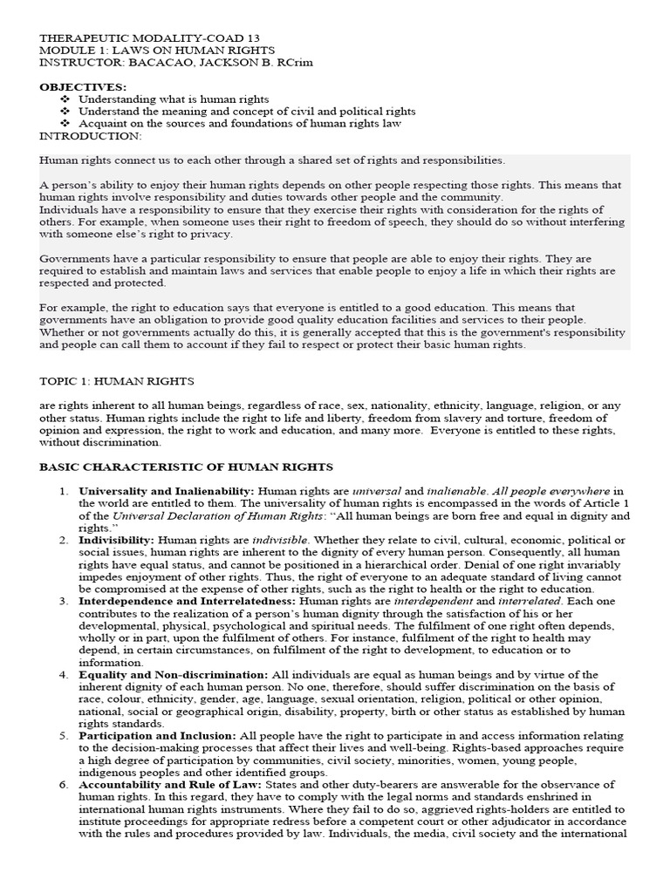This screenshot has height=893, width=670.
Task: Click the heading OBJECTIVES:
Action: pos(83,87)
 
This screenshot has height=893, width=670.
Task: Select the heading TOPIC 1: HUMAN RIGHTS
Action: pos(117,381)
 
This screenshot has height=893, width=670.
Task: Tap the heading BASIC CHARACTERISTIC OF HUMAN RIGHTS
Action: pos(186,467)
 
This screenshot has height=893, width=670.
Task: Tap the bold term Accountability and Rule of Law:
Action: pos(164,785)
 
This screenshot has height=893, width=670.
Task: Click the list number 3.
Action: pos(63,602)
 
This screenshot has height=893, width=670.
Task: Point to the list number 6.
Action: pos(63,785)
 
